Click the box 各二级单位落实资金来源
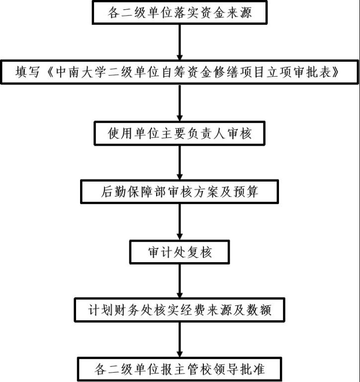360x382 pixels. (x=180, y=12)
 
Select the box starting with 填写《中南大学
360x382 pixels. (x=180, y=72)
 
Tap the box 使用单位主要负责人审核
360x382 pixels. (x=180, y=133)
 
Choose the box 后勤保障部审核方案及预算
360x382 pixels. (x=180, y=191)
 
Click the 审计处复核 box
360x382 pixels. (x=180, y=252)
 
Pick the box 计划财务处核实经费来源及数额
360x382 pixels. (x=180, y=310)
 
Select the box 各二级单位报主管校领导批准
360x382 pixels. (x=180, y=370)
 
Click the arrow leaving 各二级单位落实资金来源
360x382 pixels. (x=180, y=42)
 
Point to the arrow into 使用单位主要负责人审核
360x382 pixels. (x=180, y=102)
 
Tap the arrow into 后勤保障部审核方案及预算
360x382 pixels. (x=180, y=163)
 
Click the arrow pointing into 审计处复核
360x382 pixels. (x=180, y=222)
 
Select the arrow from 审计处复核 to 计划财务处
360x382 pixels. (x=180, y=281)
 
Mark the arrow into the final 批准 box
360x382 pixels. (x=180, y=340)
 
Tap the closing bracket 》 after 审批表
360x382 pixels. (x=335, y=72)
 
